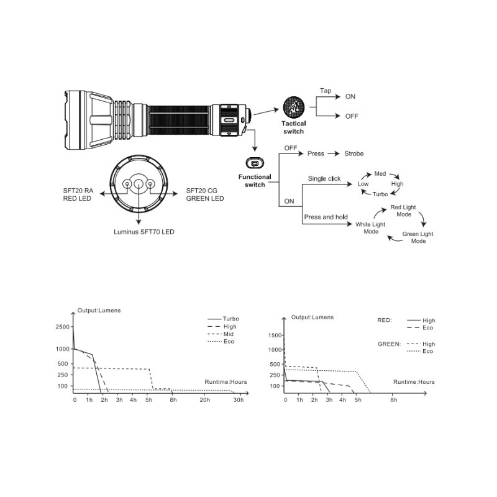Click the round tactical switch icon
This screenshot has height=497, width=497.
pyautogui.click(x=293, y=107)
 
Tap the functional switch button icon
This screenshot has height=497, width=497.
pyautogui.click(x=255, y=163)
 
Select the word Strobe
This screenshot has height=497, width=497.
pyautogui.click(x=353, y=153)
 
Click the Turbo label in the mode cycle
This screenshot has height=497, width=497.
pyautogui.click(x=380, y=194)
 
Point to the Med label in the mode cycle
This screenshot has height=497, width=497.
pyautogui.click(x=380, y=174)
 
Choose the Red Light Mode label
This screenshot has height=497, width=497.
pyautogui.click(x=403, y=211)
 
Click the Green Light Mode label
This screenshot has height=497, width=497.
pyautogui.click(x=417, y=237)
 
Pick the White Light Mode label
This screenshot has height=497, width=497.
pyautogui.click(x=370, y=228)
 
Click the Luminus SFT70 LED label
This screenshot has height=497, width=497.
pyautogui.click(x=144, y=232)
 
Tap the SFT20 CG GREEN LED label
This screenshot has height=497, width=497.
pyautogui.click(x=205, y=194)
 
